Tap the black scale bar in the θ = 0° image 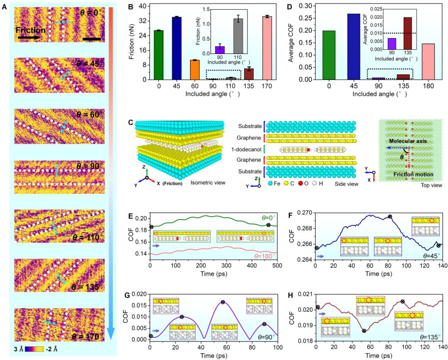[x=92, y=39]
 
